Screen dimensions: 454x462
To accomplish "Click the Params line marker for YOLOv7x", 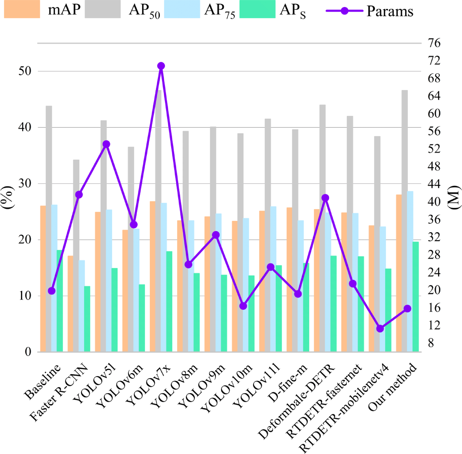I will (161, 66).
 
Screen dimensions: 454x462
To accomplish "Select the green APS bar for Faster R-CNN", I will (87, 319).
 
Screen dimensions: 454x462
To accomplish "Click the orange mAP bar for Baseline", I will (43, 279).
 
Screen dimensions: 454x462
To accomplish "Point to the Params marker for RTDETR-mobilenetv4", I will (380, 329).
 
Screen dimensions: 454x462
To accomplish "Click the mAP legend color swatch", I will (22, 9).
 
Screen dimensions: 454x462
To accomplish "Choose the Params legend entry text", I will (390, 11).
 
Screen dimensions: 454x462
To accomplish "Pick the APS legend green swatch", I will (257, 9).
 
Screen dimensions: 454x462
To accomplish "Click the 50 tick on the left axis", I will (25, 71).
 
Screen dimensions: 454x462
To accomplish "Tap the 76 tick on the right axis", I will (434, 43).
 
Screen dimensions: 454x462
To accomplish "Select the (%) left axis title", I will (8, 198).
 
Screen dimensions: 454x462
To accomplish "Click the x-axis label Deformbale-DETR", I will (297, 402).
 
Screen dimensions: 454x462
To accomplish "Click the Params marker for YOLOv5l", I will (106, 144).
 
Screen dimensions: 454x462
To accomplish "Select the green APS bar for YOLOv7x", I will (169, 301).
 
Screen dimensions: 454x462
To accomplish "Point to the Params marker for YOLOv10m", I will (243, 306).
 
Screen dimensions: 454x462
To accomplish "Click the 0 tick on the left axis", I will (28, 352).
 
